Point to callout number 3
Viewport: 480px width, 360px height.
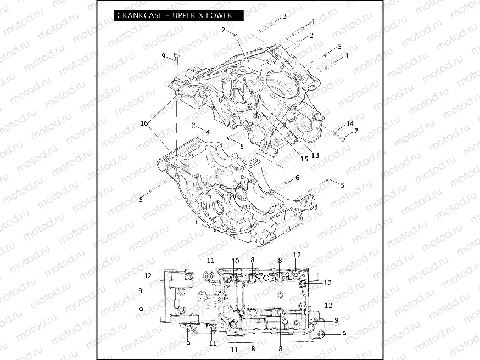point(284,16)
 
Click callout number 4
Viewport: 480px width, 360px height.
point(208,131)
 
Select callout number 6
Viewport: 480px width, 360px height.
point(297,178)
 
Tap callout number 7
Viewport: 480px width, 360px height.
point(356,131)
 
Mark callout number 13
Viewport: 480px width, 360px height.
point(315,155)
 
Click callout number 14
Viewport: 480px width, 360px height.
point(350,124)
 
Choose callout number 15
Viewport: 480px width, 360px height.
point(303,159)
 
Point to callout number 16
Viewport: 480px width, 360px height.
point(144,123)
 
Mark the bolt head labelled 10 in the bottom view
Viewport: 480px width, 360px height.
point(235,278)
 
